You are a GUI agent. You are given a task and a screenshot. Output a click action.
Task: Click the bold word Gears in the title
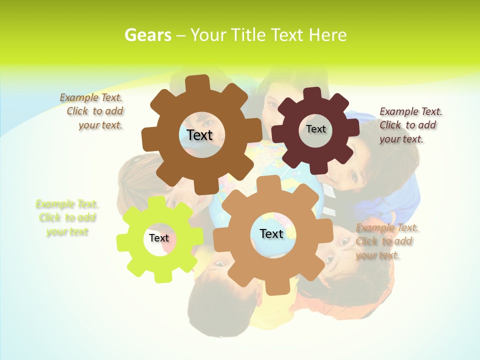coord(147,35)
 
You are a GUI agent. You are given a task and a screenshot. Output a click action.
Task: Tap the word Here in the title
coord(327,35)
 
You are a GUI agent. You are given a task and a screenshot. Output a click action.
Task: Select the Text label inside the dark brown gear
coord(199,135)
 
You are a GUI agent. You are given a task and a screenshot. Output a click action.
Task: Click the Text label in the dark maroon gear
coord(315,129)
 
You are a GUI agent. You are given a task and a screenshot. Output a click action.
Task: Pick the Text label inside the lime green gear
coord(159,238)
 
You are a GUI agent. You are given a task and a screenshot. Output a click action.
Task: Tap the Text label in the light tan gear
coord(271,233)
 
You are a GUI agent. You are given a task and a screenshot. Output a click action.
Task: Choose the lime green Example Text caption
coord(67,218)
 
